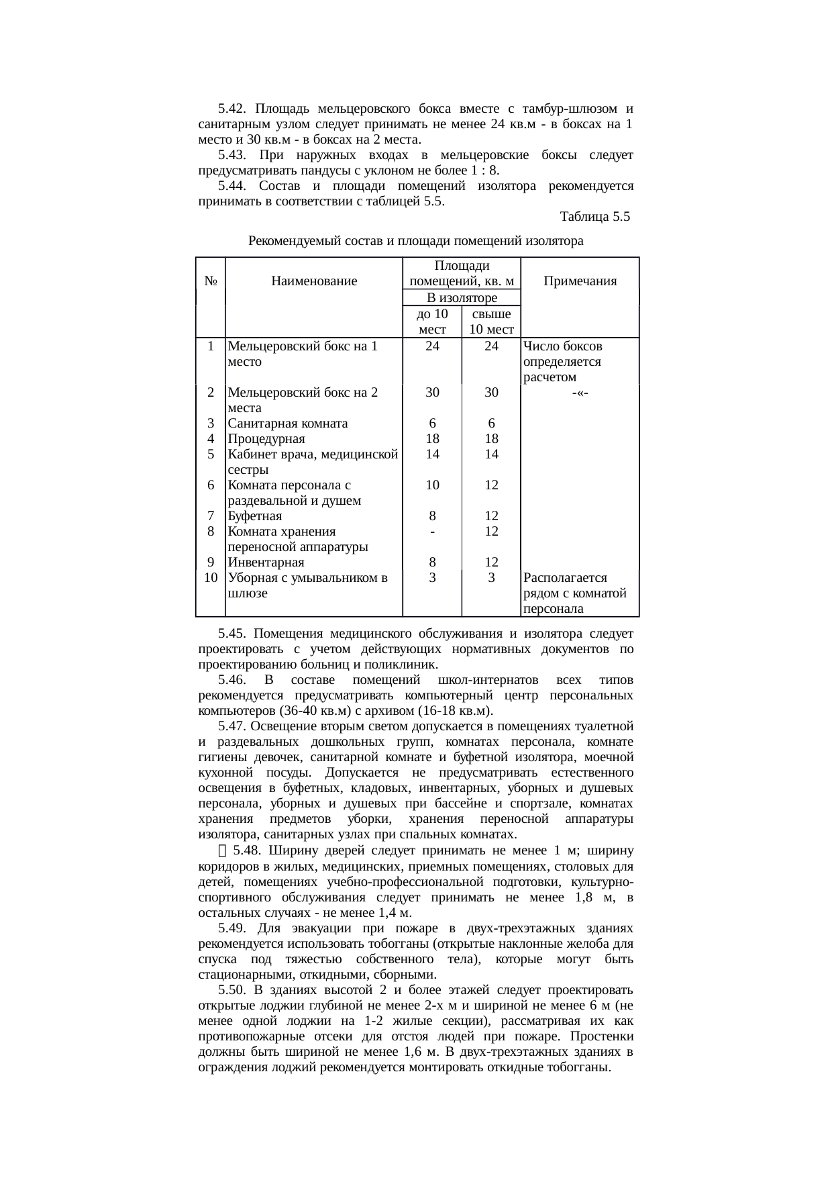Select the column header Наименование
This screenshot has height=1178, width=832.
314,282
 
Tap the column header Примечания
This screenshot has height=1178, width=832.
580,282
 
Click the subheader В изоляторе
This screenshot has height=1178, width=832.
462,297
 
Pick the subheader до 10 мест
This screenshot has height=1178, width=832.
432,322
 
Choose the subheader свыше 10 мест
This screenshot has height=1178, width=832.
491,322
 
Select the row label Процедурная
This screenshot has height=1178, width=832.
266,439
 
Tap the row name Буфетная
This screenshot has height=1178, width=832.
254,516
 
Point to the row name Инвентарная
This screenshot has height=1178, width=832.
266,562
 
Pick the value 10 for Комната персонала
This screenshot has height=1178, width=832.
433,485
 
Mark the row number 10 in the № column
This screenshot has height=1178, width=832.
211,578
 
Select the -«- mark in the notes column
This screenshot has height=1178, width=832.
580,393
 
